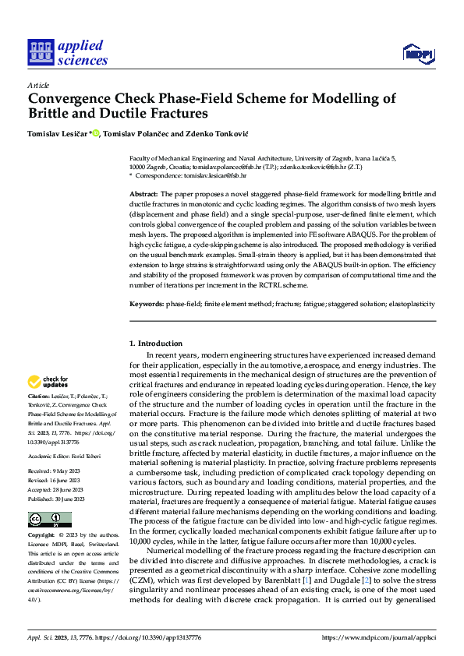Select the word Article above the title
(38, 85)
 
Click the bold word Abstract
(143, 193)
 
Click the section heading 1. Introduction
(156, 344)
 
